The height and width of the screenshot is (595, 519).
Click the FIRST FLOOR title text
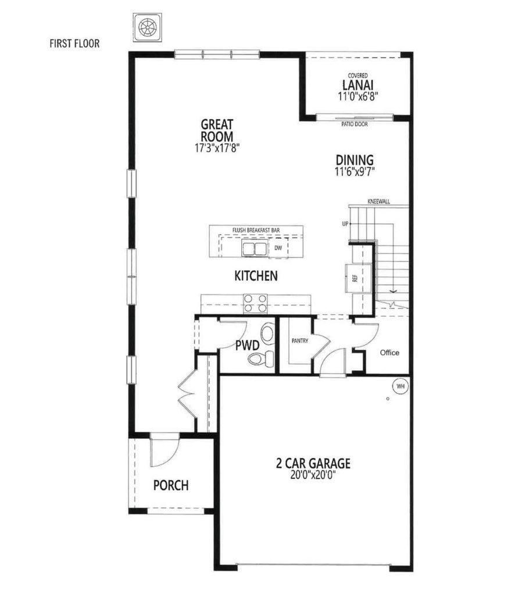pos(74,43)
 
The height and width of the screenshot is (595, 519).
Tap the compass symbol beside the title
pos(148,27)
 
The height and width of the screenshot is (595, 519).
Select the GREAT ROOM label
pos(217,130)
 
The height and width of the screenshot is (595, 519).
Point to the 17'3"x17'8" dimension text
pos(217,149)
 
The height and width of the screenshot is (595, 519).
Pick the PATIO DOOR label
pos(354,124)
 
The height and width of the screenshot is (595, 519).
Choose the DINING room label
pos(355,160)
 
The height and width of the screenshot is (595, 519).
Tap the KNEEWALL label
pos(378,202)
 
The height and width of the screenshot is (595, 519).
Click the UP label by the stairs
pos(345,223)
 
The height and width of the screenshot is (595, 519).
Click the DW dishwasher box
pos(278,248)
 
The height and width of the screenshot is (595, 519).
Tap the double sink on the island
pos(254,249)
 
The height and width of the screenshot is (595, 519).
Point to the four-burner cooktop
pos(255,304)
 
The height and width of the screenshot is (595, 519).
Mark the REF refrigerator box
pos(354,278)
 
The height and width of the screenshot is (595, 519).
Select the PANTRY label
pos(299,341)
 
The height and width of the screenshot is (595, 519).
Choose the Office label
pos(389,353)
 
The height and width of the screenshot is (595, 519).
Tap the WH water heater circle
pos(400,386)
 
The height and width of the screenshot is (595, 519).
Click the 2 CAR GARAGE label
pos(313,463)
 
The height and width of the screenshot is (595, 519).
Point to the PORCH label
pos(170,485)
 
